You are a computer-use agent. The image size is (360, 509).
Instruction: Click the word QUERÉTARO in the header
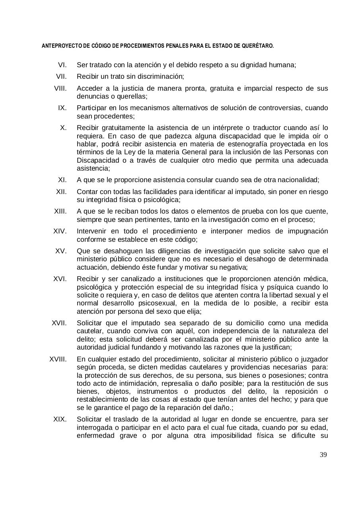pyautogui.click(x=259, y=46)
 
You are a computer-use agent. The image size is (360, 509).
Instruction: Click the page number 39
pyautogui.click(x=323, y=455)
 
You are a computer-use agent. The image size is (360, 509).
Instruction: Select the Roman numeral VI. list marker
pyautogui.click(x=62, y=65)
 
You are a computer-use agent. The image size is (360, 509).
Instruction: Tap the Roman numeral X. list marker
pyautogui.click(x=63, y=128)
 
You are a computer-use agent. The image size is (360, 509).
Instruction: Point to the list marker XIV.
pyautogui.click(x=60, y=231)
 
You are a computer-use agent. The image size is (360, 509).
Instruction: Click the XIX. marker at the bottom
pyautogui.click(x=60, y=419)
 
